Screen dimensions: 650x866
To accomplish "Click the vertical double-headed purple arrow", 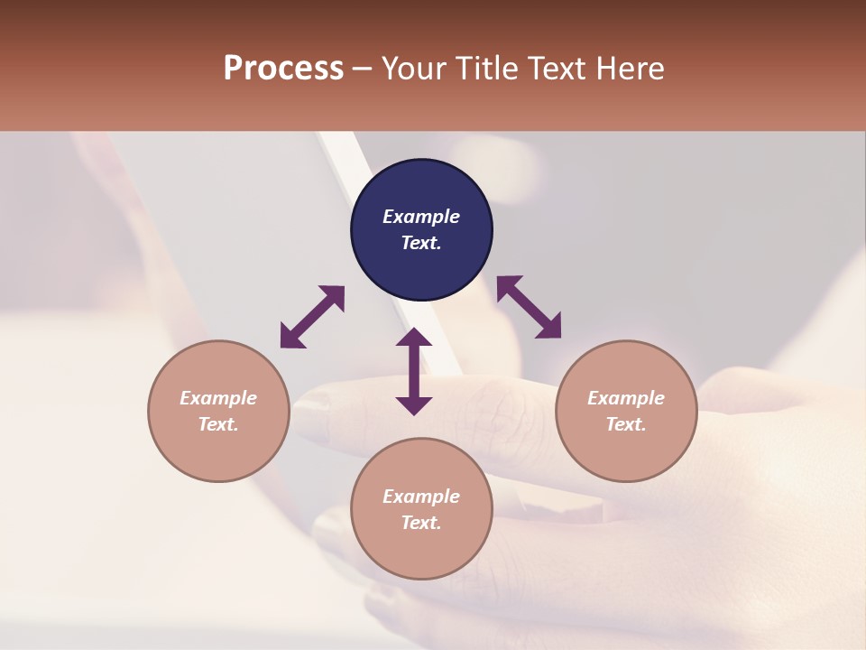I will (414, 371).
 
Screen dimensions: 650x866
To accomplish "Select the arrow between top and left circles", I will (313, 317).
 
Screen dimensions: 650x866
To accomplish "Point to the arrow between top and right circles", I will (529, 307).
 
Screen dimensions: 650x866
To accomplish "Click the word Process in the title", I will (283, 69).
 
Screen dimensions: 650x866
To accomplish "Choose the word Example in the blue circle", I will (421, 217).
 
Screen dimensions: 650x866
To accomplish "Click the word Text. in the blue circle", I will (421, 243).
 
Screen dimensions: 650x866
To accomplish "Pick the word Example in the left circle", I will (218, 398).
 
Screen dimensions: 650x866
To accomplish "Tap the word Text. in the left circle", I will (218, 424).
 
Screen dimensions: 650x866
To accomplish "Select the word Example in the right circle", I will (626, 398).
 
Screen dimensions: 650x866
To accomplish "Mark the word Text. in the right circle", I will (626, 424).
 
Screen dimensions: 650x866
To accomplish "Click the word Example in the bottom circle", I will (421, 497).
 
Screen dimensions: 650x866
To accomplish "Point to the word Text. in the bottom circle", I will (421, 523).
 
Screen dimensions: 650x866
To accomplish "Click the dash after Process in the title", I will (363, 70).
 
